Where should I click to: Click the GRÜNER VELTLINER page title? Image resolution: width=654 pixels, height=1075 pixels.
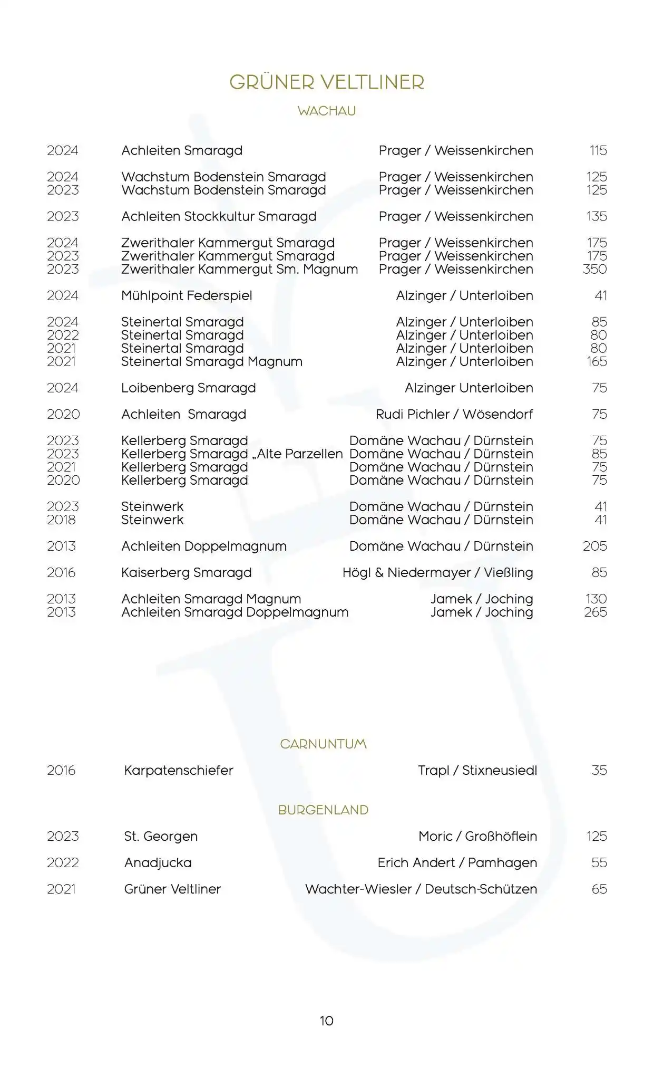coord(327,82)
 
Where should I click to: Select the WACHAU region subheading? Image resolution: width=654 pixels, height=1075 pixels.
coord(327,111)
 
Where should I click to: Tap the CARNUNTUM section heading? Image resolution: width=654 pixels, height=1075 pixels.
coord(323,744)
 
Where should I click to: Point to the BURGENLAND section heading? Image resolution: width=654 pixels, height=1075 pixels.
coord(323,810)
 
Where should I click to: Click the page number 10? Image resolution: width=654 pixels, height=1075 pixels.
coord(327,1021)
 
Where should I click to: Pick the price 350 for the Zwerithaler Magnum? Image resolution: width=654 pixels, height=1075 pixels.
coord(595,269)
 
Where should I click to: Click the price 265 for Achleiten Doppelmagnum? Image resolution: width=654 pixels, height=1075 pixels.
coord(596,612)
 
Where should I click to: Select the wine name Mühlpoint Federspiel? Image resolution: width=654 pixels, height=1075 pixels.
coord(187,295)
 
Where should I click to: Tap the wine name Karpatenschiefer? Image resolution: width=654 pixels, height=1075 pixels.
coord(178,770)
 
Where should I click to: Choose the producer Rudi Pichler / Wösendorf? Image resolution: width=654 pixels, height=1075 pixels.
coord(454,414)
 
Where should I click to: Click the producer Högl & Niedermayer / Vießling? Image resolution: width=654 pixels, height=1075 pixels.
coord(437,572)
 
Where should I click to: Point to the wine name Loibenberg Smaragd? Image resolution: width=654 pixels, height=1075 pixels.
coord(188,388)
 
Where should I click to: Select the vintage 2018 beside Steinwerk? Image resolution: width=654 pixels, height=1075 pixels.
coord(62,520)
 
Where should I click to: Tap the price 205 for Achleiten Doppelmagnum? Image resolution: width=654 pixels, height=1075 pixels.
coord(595,546)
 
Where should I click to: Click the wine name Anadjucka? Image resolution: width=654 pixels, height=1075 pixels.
coord(158,862)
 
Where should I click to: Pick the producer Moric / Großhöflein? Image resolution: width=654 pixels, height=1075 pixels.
coord(477,836)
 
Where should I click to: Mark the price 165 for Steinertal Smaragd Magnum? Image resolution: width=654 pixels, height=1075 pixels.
coord(597,361)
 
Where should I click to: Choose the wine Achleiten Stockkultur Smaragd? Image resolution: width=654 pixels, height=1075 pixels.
coord(219,216)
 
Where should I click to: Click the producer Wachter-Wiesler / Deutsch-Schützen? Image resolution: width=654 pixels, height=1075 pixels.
coord(421,889)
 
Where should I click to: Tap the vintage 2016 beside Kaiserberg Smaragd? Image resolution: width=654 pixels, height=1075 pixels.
coord(62,572)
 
